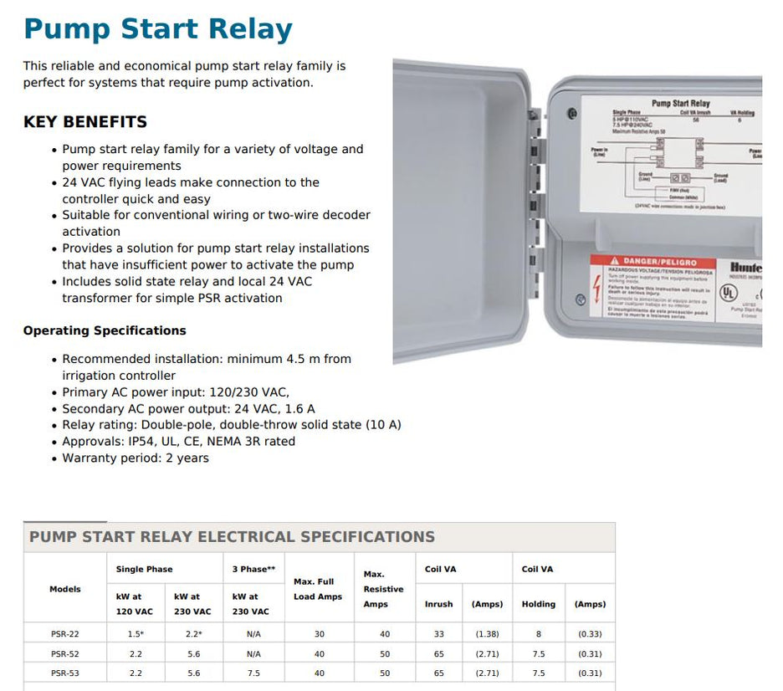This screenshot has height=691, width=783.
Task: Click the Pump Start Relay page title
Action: [x=158, y=28]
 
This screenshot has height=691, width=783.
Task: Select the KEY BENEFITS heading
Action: [x=85, y=122]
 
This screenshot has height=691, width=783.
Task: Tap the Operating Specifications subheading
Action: [x=105, y=330]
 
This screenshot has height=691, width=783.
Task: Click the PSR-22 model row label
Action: [x=65, y=634]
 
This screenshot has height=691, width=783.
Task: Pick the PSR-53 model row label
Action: [x=65, y=673]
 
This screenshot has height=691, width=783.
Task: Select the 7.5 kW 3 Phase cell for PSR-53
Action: [x=253, y=673]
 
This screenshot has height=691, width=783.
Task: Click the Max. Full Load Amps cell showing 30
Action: [x=318, y=634]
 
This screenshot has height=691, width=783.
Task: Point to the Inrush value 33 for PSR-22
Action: [x=438, y=634]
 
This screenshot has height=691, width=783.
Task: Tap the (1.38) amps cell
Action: [x=487, y=634]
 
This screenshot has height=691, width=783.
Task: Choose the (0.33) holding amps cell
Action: [x=590, y=634]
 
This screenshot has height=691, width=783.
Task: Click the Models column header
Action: [x=65, y=589]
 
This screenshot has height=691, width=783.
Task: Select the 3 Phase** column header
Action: [x=253, y=569]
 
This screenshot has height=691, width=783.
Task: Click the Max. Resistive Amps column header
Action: [x=383, y=589]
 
